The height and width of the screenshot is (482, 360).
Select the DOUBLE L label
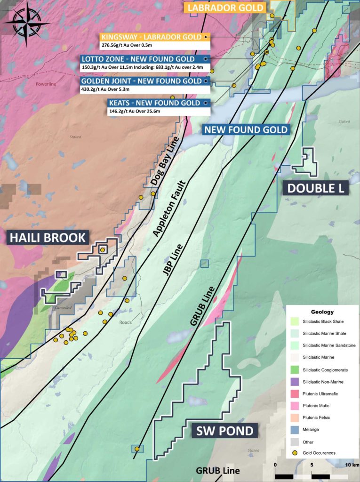(315, 188)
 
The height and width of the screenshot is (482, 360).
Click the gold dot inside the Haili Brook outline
(103, 250)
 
